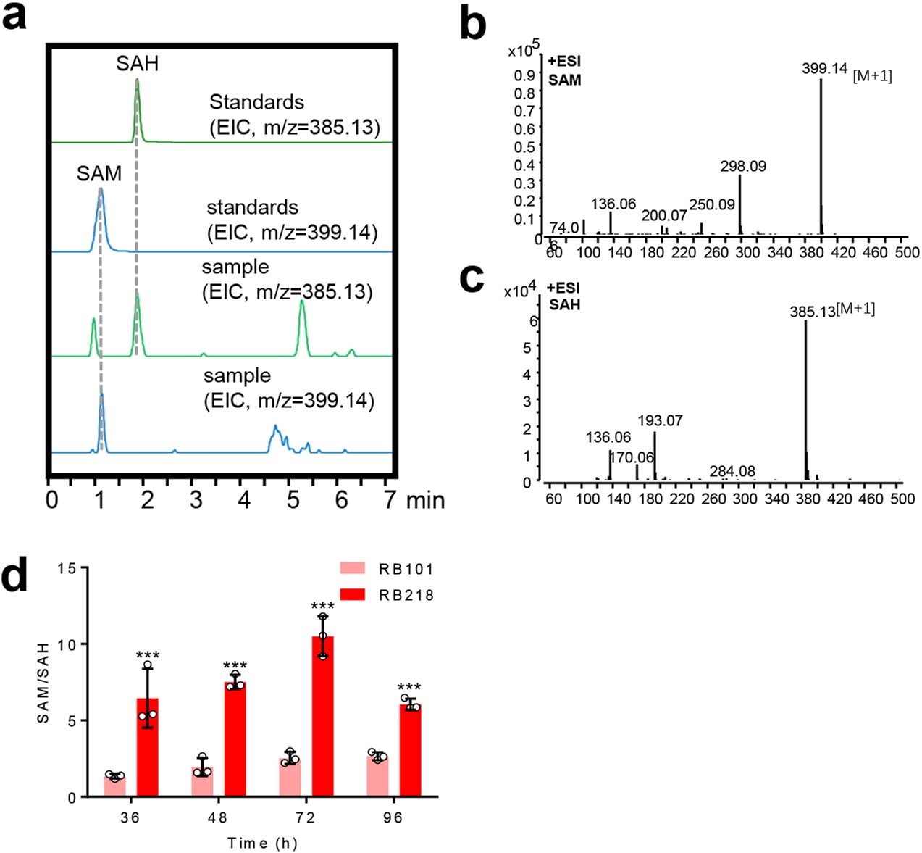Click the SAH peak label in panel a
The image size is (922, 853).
[137, 64]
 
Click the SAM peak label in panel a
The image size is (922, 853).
[99, 174]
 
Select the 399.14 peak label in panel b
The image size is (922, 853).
[824, 69]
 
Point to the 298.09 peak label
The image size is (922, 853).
[743, 166]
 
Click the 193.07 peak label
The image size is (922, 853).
[660, 420]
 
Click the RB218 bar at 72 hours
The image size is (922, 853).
[322, 717]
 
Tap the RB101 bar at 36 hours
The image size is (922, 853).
[114, 786]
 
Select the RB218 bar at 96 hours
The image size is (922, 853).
[411, 750]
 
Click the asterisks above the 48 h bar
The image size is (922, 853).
[235, 666]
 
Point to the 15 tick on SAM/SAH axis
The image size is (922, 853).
[68, 568]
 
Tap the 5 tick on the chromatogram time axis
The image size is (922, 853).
[293, 500]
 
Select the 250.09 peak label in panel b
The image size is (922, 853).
[712, 204]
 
